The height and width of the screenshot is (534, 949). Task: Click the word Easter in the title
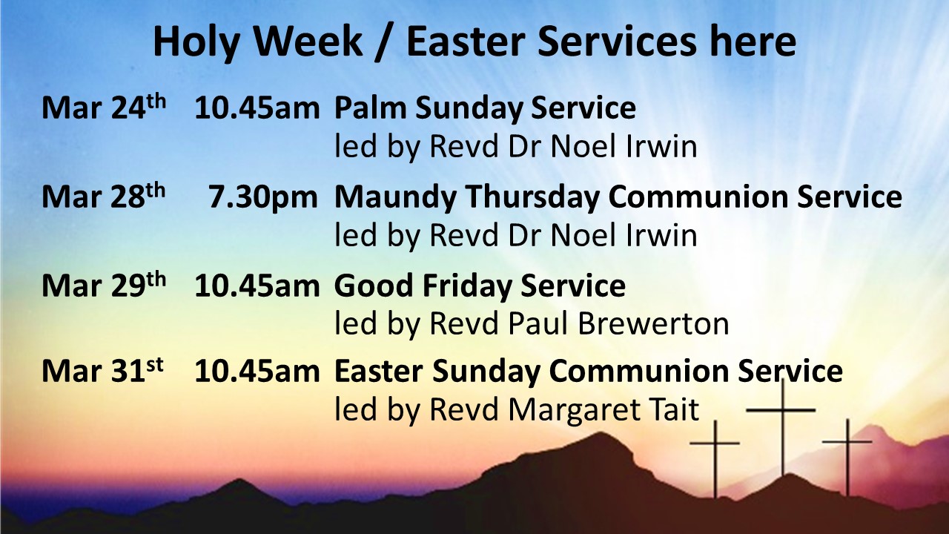pyautogui.click(x=463, y=42)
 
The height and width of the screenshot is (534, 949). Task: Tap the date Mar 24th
pyautogui.click(x=104, y=108)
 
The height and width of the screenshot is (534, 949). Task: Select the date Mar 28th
pyautogui.click(x=104, y=197)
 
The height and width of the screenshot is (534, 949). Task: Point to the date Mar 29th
pyautogui.click(x=104, y=286)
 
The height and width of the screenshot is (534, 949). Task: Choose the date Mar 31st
pyautogui.click(x=102, y=372)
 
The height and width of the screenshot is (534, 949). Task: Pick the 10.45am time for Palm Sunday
pyautogui.click(x=257, y=108)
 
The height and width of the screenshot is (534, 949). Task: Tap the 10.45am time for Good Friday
pyautogui.click(x=257, y=286)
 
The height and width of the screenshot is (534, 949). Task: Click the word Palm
pyautogui.click(x=370, y=108)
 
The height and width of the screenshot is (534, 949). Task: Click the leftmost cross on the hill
pyautogui.click(x=715, y=456)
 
